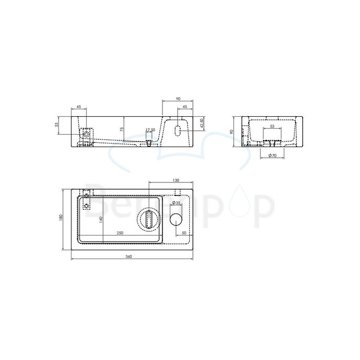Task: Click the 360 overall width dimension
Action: (128, 256)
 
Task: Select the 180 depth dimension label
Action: (61, 217)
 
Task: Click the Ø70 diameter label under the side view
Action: (272, 155)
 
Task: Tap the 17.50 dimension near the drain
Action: (150, 130)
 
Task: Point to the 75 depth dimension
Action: (122, 129)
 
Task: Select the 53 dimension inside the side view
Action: (272, 127)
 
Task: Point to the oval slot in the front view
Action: (178, 130)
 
